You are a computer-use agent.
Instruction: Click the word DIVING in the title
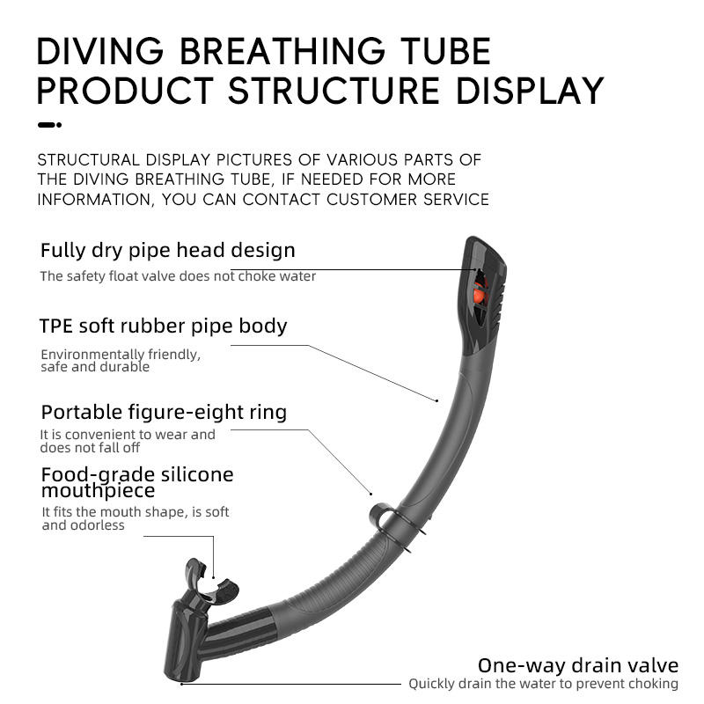click(x=99, y=51)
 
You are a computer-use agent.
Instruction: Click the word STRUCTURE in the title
click(x=334, y=91)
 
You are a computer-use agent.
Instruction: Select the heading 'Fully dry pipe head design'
click(x=168, y=250)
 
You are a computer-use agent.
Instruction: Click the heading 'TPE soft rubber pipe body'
click(x=163, y=326)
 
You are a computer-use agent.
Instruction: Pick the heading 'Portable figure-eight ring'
click(x=164, y=412)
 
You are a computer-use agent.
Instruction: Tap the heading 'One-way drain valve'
click(x=578, y=665)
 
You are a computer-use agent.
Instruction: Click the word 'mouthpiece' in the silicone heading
click(x=98, y=491)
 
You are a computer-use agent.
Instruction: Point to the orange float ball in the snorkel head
click(x=479, y=295)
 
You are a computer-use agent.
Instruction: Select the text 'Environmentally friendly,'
click(x=121, y=355)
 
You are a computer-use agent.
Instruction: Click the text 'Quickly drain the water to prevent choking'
click(x=543, y=684)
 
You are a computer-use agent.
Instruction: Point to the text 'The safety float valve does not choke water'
click(x=178, y=276)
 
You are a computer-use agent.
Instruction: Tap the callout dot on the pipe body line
click(x=436, y=400)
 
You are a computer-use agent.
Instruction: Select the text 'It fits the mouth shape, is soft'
click(x=136, y=512)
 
